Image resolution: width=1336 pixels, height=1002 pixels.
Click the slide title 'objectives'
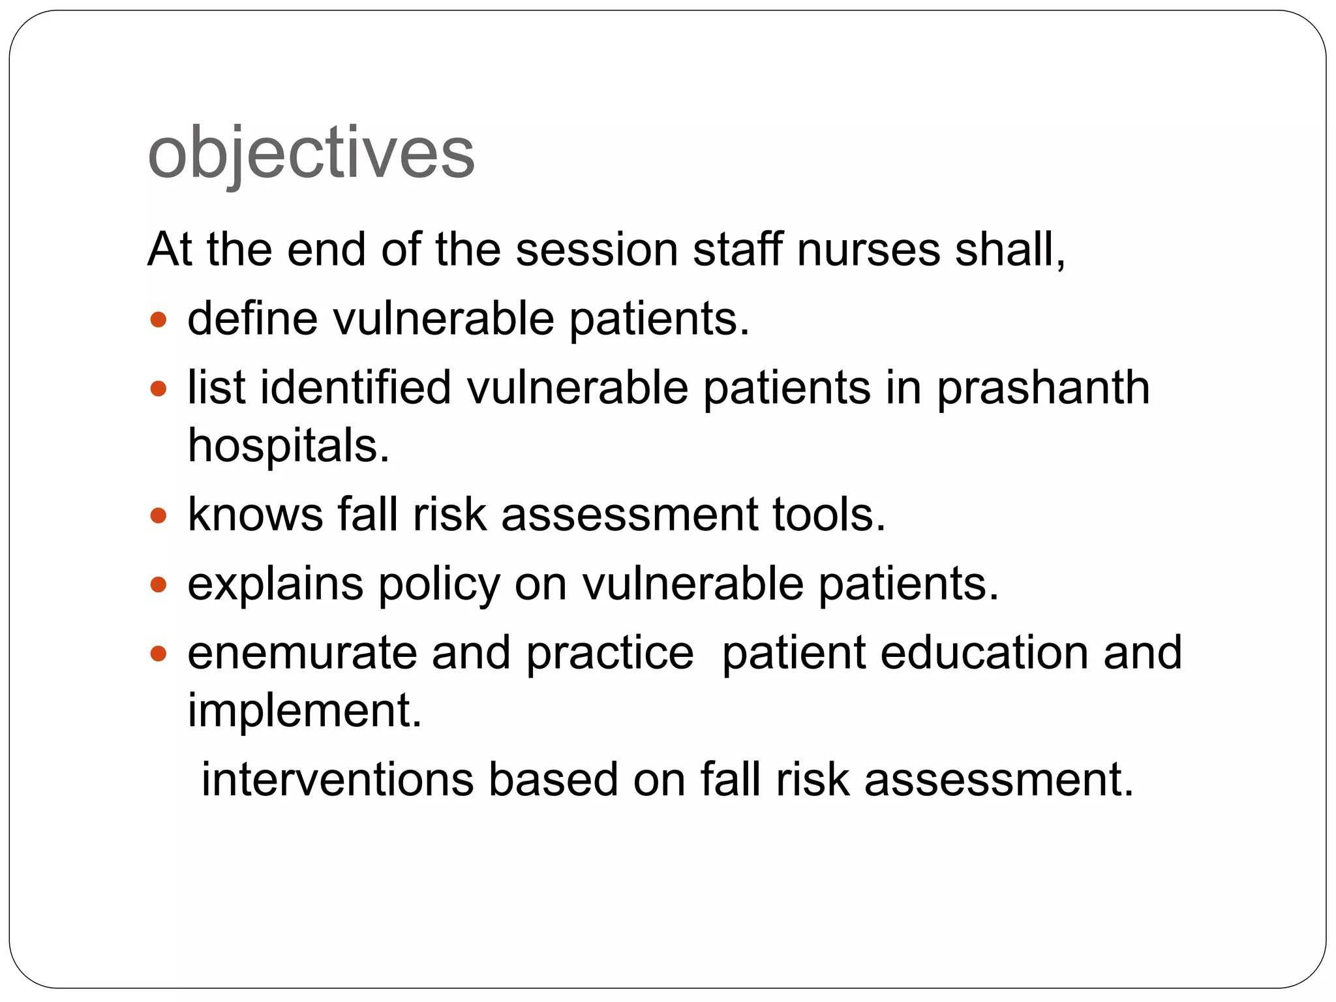tap(311, 153)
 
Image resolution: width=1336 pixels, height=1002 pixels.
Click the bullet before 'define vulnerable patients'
tap(159, 320)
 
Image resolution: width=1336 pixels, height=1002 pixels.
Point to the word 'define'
tap(253, 319)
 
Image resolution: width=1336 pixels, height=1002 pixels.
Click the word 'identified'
tap(356, 387)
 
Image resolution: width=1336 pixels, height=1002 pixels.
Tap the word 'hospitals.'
tap(288, 446)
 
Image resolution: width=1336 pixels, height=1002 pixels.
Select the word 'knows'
tap(255, 515)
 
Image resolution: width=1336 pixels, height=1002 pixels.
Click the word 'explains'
tap(275, 584)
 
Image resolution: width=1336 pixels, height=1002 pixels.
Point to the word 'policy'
tap(439, 584)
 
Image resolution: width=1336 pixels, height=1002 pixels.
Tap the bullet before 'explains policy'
tap(159, 584)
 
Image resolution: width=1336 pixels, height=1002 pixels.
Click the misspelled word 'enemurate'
tap(301, 653)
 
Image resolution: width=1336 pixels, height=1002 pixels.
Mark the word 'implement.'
tap(305, 711)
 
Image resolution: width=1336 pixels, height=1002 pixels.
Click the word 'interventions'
tap(337, 780)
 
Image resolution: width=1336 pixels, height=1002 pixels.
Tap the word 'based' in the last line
tap(553, 780)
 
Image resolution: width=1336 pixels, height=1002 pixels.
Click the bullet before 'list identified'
tap(159, 389)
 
